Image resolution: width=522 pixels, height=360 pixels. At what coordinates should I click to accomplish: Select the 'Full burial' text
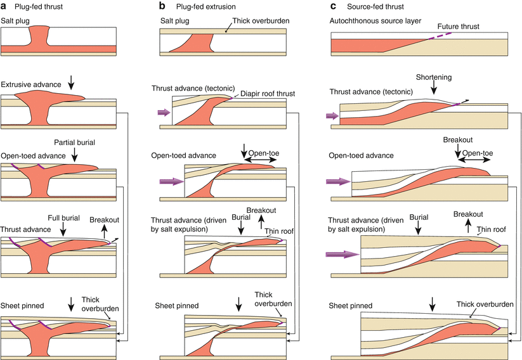click(62, 217)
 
